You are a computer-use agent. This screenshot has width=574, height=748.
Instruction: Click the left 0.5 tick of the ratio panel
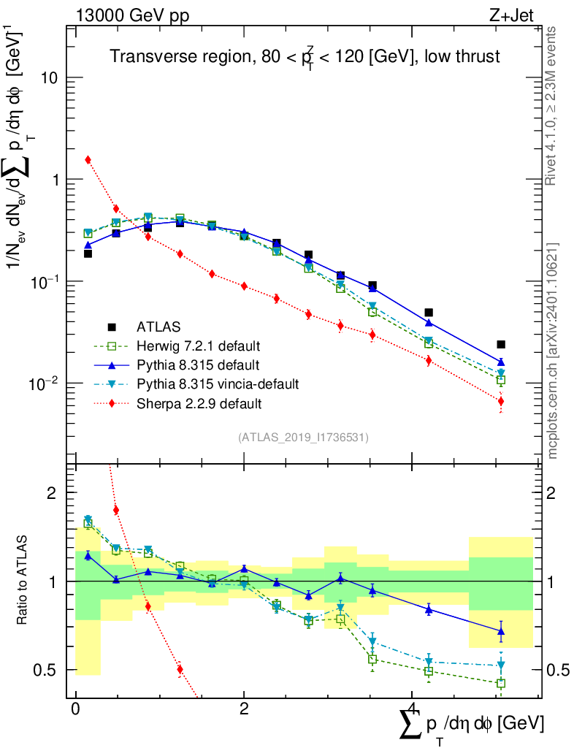pyautogui.click(x=51, y=670)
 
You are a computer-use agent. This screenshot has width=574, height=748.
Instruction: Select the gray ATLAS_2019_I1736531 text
pyautogui.click(x=303, y=438)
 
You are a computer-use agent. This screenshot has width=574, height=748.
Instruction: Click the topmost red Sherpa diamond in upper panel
pyautogui.click(x=88, y=159)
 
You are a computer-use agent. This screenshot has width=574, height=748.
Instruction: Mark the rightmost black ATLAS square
pyautogui.click(x=501, y=344)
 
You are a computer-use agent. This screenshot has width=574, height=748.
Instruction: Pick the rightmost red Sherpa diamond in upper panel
pyautogui.click(x=501, y=401)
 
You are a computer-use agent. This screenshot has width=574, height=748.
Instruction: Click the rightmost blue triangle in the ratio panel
pyautogui.click(x=501, y=632)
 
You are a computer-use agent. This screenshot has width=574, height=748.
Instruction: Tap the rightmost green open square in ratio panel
pyautogui.click(x=501, y=684)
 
